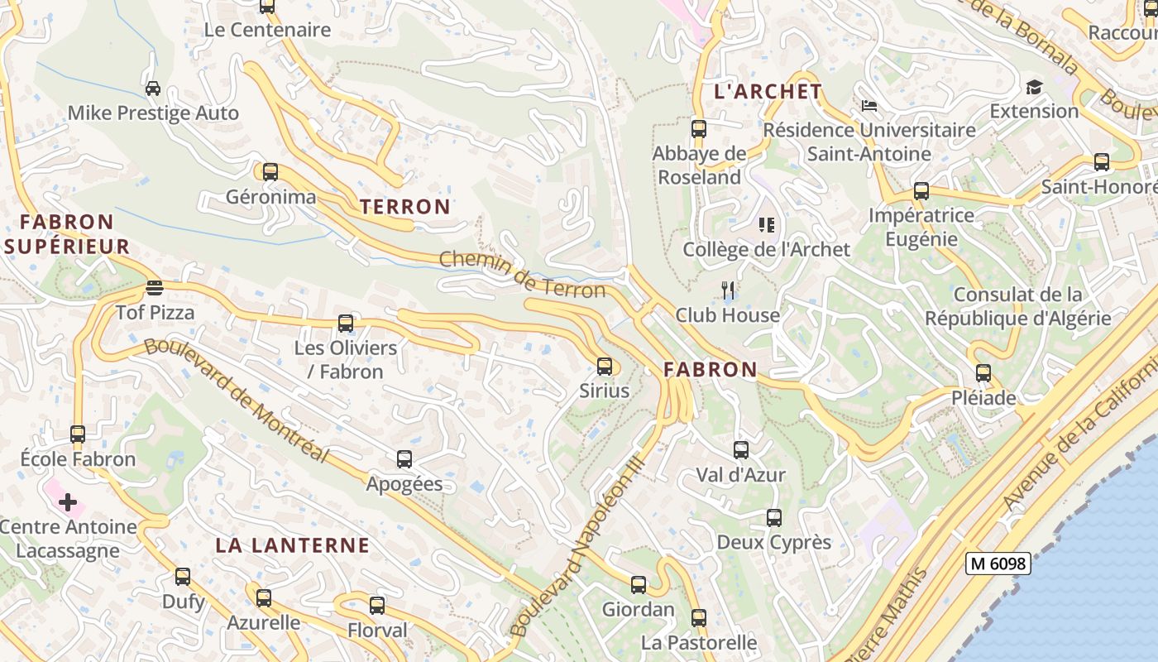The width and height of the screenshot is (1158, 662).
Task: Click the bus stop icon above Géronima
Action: [270, 172]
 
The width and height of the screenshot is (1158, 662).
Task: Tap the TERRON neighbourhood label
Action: [405, 207]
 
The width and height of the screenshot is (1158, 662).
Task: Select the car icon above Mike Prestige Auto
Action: [153, 89]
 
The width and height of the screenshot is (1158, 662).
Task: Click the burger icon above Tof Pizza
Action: [155, 288]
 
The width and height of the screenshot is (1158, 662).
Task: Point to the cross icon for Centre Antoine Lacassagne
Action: [68, 502]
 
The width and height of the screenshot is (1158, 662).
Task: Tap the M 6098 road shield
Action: [998, 564]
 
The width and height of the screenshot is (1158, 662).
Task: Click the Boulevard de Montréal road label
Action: [237, 400]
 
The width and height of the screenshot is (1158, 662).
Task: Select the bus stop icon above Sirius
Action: [605, 366]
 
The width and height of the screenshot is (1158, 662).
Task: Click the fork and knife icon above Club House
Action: [728, 290]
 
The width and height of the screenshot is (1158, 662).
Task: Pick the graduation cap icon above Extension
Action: [1034, 87]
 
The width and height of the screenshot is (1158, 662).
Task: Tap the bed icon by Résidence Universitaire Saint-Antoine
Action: [868, 106]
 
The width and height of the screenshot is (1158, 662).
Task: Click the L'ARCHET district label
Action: [768, 92]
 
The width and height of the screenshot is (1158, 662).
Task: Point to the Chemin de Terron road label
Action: [522, 274]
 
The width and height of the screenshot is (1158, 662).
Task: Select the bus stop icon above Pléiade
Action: [983, 373]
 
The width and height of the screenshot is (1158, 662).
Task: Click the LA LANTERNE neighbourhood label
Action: [292, 545]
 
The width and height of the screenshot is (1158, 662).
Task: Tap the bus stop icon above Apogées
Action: [404, 459]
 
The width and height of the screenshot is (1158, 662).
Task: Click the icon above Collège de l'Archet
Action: [766, 224]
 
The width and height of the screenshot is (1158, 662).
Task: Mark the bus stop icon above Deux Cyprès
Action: [774, 518]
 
